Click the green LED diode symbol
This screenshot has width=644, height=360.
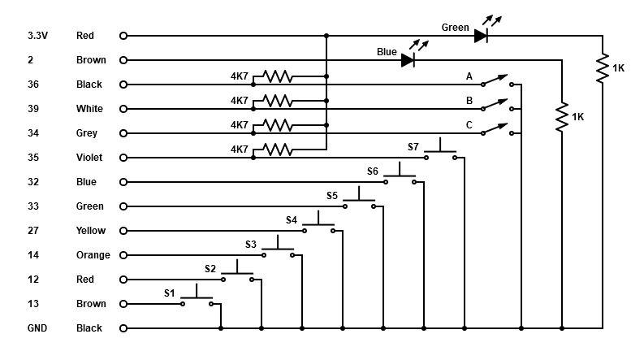[x=481, y=36]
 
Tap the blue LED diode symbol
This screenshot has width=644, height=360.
[x=408, y=60]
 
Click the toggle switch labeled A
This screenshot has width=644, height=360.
[x=495, y=82]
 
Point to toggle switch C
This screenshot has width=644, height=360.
[x=495, y=131]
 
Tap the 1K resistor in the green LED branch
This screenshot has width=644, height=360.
[x=603, y=69]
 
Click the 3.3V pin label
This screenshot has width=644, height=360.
[x=37, y=36]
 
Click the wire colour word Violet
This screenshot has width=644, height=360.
[x=89, y=158]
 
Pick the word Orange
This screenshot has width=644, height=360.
[x=93, y=255]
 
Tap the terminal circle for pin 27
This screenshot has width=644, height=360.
[x=123, y=231]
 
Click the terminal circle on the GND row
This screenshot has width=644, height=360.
[x=123, y=328]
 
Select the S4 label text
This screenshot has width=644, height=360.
[x=292, y=219]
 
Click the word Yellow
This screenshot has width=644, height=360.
[x=91, y=231]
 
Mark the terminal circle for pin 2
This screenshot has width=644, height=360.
[x=123, y=60]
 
